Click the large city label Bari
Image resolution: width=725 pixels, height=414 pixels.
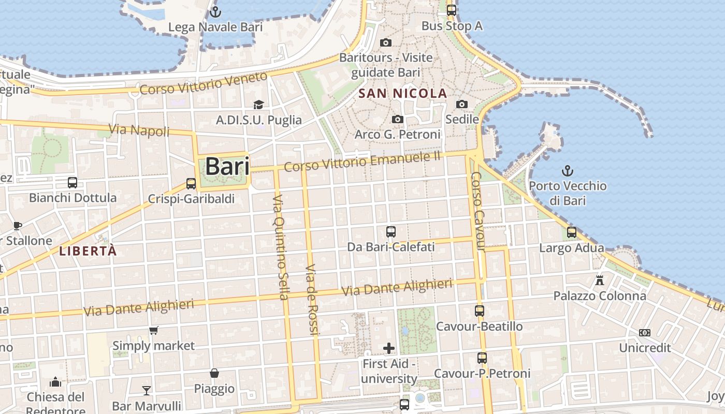pyautogui.click(x=227, y=167)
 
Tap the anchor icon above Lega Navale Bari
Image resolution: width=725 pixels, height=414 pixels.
pyautogui.click(x=215, y=12)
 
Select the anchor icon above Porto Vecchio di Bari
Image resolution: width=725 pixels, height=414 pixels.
pyautogui.click(x=568, y=170)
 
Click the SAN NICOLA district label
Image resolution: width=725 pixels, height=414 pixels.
pyautogui.click(x=403, y=94)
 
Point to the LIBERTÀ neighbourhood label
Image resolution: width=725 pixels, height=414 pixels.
pyautogui.click(x=88, y=252)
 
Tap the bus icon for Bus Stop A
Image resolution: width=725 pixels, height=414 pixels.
pyautogui.click(x=452, y=10)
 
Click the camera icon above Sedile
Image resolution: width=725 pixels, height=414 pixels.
pyautogui.click(x=462, y=105)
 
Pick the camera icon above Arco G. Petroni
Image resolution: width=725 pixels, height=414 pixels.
pyautogui.click(x=397, y=120)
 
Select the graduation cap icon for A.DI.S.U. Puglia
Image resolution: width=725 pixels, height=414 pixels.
pyautogui.click(x=258, y=105)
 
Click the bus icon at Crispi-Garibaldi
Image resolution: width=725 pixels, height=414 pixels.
pyautogui.click(x=191, y=183)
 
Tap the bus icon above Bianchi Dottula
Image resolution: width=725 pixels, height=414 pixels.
pyautogui.click(x=72, y=182)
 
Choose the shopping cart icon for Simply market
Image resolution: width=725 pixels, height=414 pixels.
pyautogui.click(x=153, y=330)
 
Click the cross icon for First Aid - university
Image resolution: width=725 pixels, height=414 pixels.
pyautogui.click(x=389, y=348)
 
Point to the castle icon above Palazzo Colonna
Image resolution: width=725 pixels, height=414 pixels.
pyautogui.click(x=600, y=280)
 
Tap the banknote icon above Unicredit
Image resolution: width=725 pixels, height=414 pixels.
pyautogui.click(x=645, y=333)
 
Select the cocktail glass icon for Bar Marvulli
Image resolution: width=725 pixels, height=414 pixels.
pyautogui.click(x=147, y=390)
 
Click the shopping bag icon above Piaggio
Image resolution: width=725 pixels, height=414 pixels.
pyautogui.click(x=214, y=373)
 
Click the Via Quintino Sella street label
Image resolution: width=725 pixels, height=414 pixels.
pyautogui.click(x=280, y=247)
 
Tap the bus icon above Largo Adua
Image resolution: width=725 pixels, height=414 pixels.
pyautogui.click(x=572, y=232)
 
